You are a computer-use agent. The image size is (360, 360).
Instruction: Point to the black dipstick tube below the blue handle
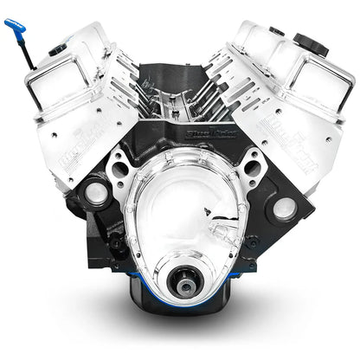click(x=28, y=55)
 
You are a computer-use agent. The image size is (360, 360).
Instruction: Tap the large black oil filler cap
click(x=310, y=42)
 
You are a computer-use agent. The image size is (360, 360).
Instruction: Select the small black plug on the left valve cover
click(x=57, y=50)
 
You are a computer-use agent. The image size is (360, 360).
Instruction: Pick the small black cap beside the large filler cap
click(x=277, y=31)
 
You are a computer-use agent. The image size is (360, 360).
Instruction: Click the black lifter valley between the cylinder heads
click(x=181, y=95)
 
